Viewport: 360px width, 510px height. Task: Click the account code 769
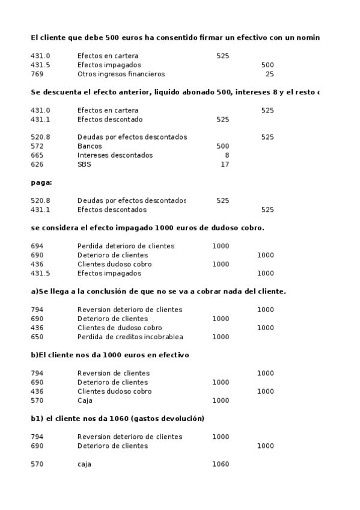pos(36,74)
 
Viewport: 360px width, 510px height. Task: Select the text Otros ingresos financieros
pos(121,74)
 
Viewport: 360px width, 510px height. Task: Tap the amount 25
pos(269,74)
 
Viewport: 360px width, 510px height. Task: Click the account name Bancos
pos(90,146)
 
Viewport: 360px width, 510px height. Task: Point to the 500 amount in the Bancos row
pos(222,146)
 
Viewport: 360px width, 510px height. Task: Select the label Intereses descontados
pos(115,155)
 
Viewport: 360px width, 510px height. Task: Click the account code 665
pos(36,155)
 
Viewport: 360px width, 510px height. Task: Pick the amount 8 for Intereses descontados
pos(227,155)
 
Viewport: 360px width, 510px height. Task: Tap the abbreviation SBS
pos(84,164)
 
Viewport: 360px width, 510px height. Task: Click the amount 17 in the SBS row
pos(225,164)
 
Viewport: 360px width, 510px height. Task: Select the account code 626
pos(36,164)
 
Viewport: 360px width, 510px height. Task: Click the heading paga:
pos(41,182)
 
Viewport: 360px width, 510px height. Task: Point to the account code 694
pos(36,246)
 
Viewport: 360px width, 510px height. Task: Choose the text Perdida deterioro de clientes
pos(126,246)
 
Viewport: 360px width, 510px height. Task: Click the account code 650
pos(36,337)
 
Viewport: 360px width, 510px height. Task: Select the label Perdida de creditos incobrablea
pos(130,337)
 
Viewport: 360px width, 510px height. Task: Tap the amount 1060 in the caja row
pos(221,464)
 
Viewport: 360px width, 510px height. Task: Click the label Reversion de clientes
pos(114,373)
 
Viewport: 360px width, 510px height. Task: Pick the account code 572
pos(36,146)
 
